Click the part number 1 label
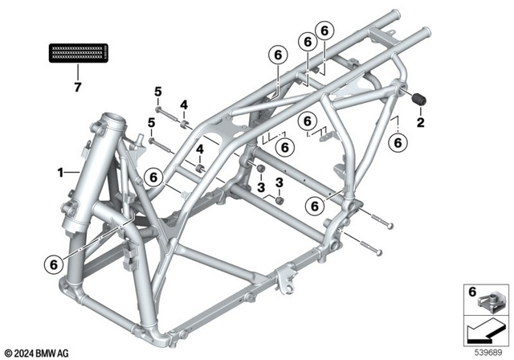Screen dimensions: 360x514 point(59,171)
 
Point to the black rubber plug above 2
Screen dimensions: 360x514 point(418,100)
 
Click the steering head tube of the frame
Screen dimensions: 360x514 point(110,153)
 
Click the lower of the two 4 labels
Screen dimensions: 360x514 point(200,150)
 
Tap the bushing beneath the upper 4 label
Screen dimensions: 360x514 point(186,123)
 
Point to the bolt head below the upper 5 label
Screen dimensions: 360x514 point(160,108)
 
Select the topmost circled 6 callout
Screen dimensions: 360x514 point(324,30)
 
